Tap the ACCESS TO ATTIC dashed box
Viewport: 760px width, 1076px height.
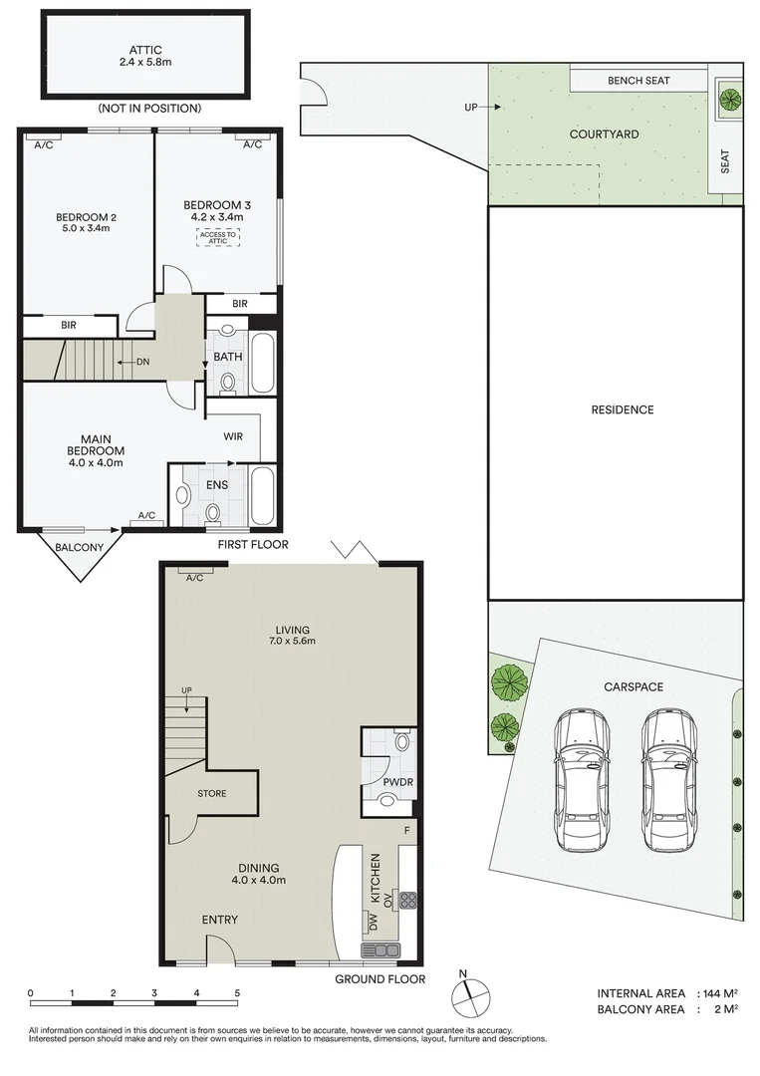[x=218, y=237]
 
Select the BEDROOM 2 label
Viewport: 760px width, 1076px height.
[x=87, y=217]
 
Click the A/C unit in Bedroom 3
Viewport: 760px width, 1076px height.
[x=252, y=144]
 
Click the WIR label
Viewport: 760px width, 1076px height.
[x=234, y=435]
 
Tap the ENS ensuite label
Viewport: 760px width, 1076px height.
[x=217, y=485]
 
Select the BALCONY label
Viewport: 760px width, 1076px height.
[x=80, y=548]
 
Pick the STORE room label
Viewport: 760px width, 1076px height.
[x=211, y=794]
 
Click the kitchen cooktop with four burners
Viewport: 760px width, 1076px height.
[x=407, y=901]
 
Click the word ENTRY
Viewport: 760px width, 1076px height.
[x=219, y=920]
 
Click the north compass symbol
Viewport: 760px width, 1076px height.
[x=469, y=994]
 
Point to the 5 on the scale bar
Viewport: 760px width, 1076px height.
[x=237, y=993]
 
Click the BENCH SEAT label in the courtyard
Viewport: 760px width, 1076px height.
[x=638, y=81]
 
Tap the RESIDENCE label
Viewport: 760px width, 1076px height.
[x=622, y=409]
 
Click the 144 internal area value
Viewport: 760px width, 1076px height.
[x=706, y=993]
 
